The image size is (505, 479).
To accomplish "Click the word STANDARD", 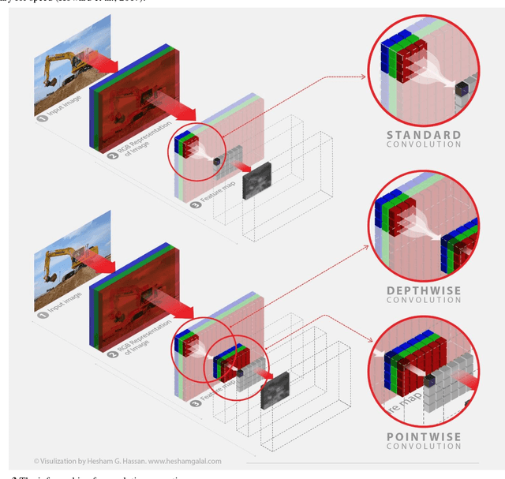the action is click(423, 135).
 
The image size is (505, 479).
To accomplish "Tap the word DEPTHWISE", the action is click(424, 290).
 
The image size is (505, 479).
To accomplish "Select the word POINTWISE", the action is click(424, 436).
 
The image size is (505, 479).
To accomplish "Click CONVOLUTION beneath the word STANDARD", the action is click(424, 144).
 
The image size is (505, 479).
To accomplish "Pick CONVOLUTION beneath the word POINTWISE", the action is click(424, 446).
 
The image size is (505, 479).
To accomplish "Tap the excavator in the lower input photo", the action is click(63, 268).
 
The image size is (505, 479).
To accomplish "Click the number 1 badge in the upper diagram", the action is click(41, 117).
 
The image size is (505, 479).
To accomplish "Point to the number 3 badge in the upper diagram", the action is click(195, 203).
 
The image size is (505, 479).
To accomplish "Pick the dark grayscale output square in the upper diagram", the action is click(256, 180).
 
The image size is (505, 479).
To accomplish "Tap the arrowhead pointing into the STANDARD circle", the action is click(366, 77).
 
